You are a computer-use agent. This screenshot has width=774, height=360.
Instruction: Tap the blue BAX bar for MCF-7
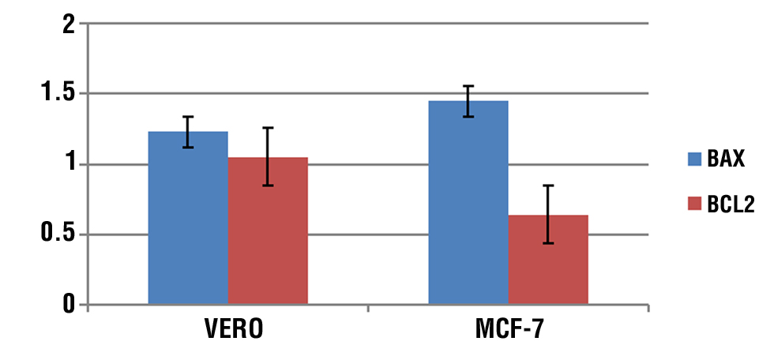(468, 205)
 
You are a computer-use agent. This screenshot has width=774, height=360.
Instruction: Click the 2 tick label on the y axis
(70, 24)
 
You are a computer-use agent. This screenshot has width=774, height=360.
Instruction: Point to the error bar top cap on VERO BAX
(188, 117)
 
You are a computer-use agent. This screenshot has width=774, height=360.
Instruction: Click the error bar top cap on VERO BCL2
(268, 128)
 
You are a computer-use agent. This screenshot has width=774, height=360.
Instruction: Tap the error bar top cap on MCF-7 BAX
(468, 86)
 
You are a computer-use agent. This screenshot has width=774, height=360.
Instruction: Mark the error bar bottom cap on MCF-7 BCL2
(548, 243)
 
